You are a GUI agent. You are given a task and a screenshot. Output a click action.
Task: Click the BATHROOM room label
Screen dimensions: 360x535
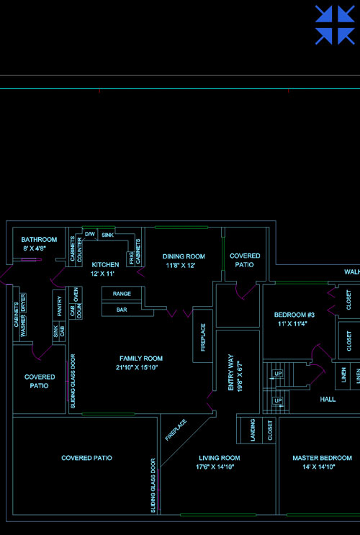pyautogui.click(x=39, y=240)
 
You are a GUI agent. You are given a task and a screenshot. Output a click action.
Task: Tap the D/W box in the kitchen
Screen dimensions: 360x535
pyautogui.click(x=90, y=234)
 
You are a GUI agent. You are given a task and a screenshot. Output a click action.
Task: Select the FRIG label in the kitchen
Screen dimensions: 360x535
pyautogui.click(x=131, y=258)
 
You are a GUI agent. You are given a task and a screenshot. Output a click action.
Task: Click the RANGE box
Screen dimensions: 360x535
pyautogui.click(x=122, y=294)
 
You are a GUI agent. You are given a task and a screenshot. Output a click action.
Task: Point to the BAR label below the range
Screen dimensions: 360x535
pyautogui.click(x=122, y=310)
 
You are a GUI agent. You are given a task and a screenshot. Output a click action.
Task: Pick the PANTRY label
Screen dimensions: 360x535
pyautogui.click(x=60, y=306)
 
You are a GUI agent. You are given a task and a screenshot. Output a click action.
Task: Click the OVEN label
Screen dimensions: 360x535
pyautogui.click(x=76, y=295)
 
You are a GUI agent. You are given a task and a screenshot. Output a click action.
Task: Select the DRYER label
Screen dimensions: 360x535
pyautogui.click(x=23, y=302)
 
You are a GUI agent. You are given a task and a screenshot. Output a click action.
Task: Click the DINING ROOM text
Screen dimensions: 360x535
pyautogui.click(x=184, y=256)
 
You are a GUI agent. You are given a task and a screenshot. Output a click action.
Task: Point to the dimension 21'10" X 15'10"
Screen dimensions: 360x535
pyautogui.click(x=137, y=367)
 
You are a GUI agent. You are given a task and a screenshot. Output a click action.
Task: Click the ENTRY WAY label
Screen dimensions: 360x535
pyautogui.click(x=231, y=372)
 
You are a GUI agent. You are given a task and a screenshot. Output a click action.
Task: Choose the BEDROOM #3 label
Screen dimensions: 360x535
pyautogui.click(x=294, y=315)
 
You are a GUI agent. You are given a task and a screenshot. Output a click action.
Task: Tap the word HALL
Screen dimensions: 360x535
pyautogui.click(x=328, y=399)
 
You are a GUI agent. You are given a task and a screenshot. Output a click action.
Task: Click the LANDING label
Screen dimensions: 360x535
pyautogui.click(x=253, y=431)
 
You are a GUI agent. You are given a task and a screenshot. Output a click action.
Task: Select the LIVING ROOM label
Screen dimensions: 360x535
pyautogui.click(x=220, y=458)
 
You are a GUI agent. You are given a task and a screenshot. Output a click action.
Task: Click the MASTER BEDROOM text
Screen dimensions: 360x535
pyautogui.click(x=322, y=458)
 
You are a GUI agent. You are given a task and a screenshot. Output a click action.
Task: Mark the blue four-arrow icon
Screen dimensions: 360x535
pyautogui.click(x=335, y=24)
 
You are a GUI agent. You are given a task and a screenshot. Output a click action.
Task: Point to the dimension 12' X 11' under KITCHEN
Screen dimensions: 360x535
pyautogui.click(x=102, y=274)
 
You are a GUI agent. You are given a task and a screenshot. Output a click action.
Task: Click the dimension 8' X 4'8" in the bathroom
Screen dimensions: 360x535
pyautogui.click(x=35, y=248)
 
